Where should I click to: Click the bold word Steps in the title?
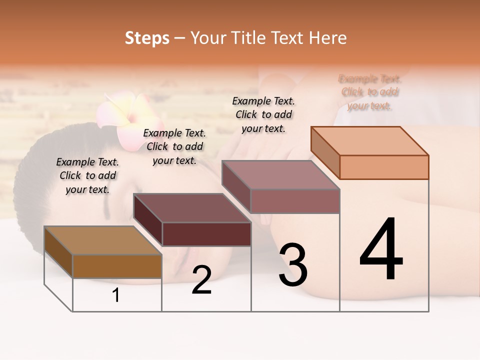[x=147, y=38]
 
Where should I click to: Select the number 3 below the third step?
[x=293, y=265]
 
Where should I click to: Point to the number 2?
[x=201, y=280]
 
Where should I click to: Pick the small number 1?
[x=116, y=295]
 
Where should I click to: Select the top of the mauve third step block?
[x=281, y=175]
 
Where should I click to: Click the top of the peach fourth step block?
[x=370, y=141]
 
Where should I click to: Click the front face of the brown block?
[x=117, y=266]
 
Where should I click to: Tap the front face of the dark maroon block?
[x=206, y=234]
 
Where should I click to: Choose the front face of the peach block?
[x=384, y=167]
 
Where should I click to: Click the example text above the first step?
[x=87, y=175]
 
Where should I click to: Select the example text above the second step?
[x=174, y=146]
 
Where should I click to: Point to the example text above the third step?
[x=263, y=114]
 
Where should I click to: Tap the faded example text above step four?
[x=369, y=92]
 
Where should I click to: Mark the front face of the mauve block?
[x=295, y=201]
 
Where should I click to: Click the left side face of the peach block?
[x=325, y=152]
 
